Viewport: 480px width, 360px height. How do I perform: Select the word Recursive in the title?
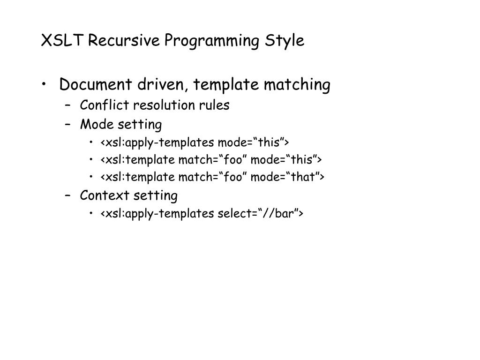[x=124, y=41]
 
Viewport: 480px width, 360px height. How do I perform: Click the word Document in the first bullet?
[x=96, y=85]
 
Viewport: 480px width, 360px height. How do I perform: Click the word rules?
[x=216, y=105]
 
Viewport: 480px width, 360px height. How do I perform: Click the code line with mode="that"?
[x=212, y=177]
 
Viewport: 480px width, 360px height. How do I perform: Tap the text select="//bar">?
[x=261, y=214]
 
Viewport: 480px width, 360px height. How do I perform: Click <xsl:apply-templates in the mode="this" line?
[x=157, y=142]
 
